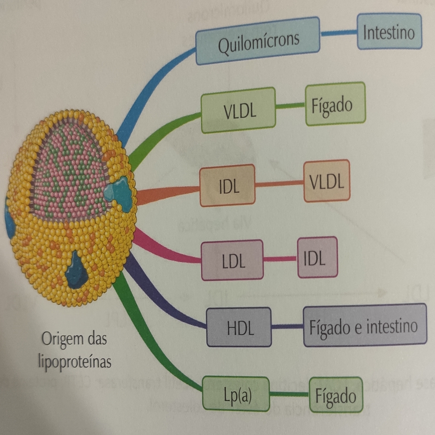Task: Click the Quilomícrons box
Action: click(258, 41)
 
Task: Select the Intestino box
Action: click(389, 32)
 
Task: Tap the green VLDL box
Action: click(238, 110)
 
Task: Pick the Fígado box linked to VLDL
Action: click(335, 104)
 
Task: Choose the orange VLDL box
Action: click(327, 181)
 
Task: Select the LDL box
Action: click(232, 260)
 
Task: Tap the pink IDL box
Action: click(317, 257)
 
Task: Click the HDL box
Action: click(239, 327)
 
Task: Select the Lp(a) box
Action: click(236, 394)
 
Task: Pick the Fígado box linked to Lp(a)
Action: click(336, 395)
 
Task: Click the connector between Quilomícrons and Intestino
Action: click(338, 33)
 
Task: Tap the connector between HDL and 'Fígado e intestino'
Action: click(287, 326)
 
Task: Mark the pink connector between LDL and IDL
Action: click(280, 259)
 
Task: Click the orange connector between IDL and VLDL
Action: click(279, 184)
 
